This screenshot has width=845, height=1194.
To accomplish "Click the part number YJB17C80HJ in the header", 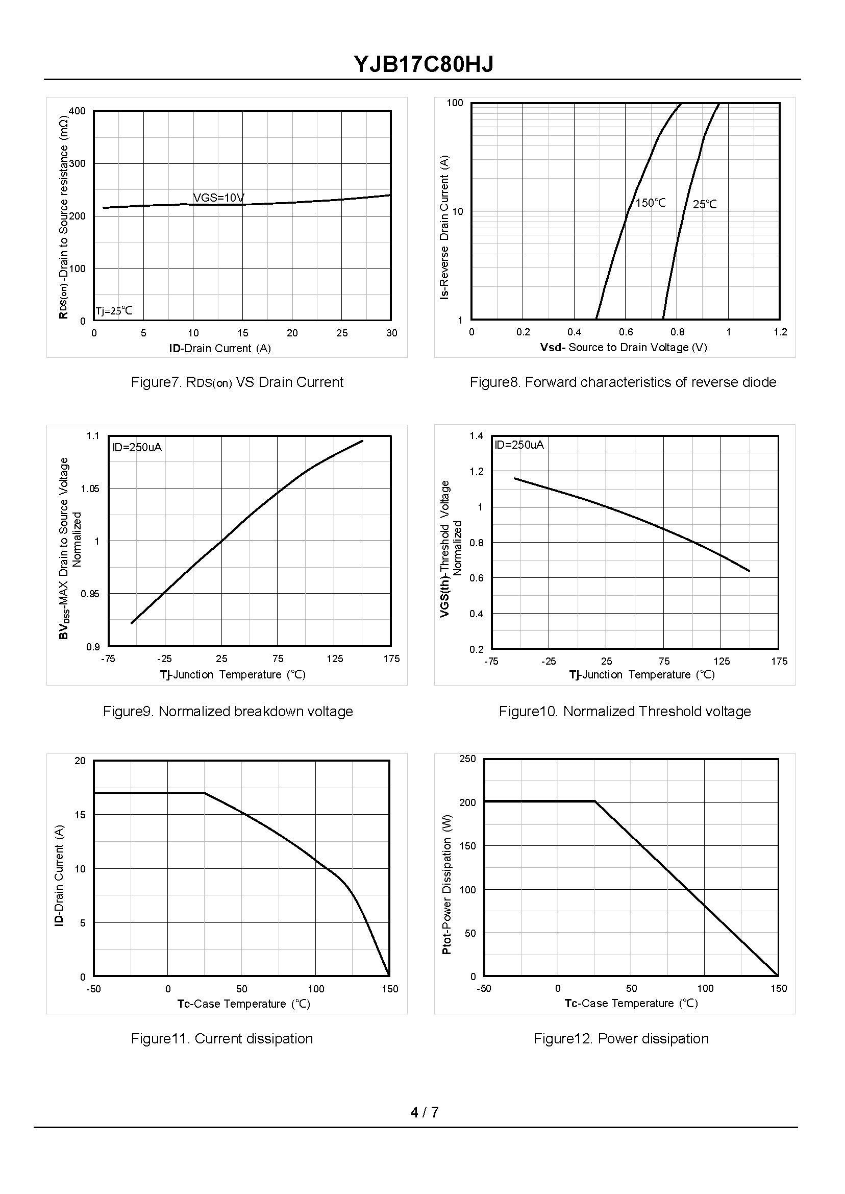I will click(423, 64).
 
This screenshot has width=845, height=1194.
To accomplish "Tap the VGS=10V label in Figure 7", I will click(218, 198).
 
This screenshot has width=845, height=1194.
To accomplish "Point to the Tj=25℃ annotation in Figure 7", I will click(114, 311).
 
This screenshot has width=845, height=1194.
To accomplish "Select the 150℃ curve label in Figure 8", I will click(651, 203).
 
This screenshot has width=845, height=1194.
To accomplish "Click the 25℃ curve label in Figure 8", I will click(705, 204).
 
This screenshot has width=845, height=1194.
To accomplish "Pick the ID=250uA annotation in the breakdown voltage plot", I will click(137, 447).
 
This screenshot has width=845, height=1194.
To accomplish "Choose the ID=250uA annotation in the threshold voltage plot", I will click(519, 445).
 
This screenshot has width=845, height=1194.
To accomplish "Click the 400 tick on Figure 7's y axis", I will click(77, 111).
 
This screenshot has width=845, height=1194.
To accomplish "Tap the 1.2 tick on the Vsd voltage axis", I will click(780, 332).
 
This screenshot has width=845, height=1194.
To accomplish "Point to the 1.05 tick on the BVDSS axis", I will click(89, 488).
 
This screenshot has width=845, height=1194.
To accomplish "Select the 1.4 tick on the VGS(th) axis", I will click(476, 435).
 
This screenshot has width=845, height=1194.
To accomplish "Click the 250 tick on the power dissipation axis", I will click(467, 759).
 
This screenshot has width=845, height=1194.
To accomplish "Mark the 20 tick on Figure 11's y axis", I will click(80, 761).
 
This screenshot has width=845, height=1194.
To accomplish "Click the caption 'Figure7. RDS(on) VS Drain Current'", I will click(237, 382).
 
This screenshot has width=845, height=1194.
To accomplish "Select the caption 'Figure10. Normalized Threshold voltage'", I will click(625, 711).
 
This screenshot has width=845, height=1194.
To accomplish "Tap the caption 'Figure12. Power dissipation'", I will click(621, 1038).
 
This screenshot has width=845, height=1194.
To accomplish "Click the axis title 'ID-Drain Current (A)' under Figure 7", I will click(219, 348).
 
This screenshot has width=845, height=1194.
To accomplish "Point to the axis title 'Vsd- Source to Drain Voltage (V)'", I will click(624, 347).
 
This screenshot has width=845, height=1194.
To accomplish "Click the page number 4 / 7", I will click(424, 1112).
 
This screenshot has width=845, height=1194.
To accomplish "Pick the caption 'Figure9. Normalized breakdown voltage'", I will click(228, 711).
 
